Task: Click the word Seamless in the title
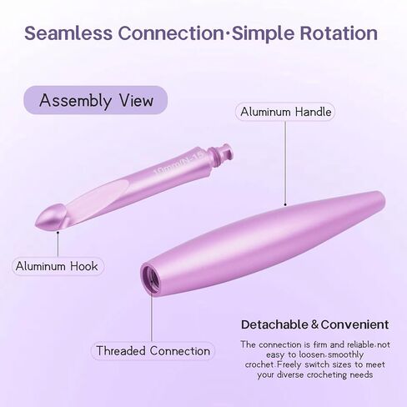click(x=68, y=33)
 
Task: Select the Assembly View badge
click(x=96, y=100)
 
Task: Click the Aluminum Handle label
click(x=285, y=112)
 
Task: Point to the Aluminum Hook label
click(x=58, y=266)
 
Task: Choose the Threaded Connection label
click(x=153, y=351)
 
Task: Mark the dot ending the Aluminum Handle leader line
click(x=285, y=205)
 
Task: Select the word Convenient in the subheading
click(x=354, y=324)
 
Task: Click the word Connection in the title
click(x=171, y=33)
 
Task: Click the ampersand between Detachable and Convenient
click(x=314, y=324)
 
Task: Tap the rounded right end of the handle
click(x=381, y=199)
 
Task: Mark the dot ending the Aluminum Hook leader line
click(x=58, y=232)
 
